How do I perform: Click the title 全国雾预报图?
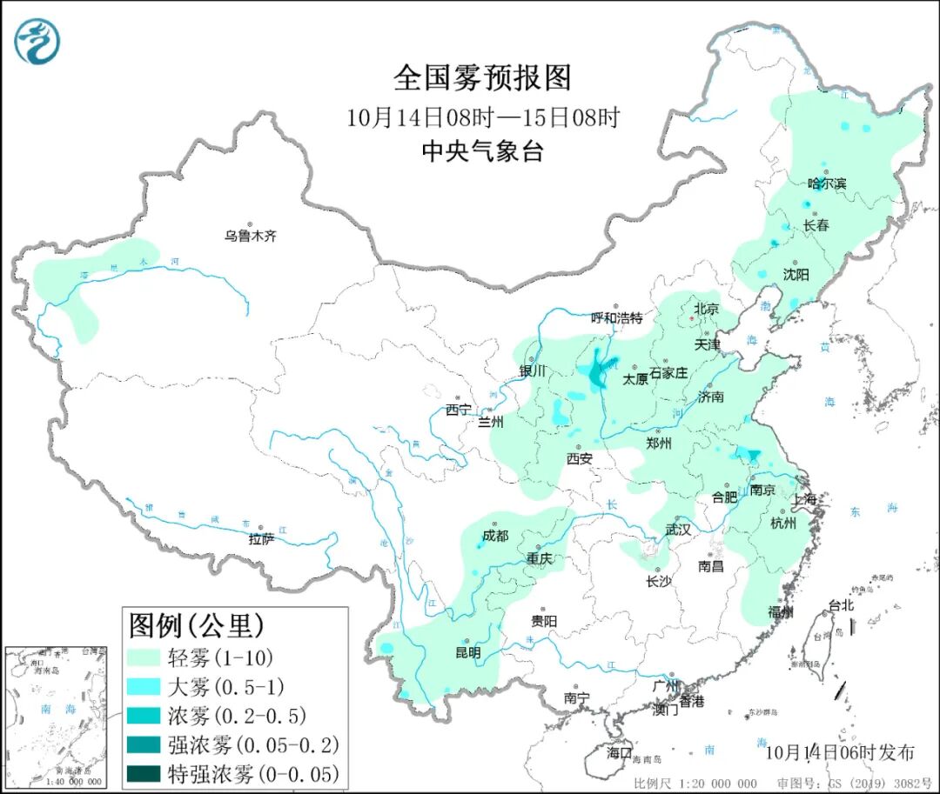pos(482,77)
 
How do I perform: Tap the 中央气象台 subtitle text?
pos(482,152)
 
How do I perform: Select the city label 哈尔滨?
pos(826,183)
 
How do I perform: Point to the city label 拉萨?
pos(261,539)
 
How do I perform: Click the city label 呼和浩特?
pos(616,318)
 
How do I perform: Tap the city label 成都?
pos(494,537)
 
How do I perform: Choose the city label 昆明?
pos(467,652)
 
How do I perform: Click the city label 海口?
pos(619,752)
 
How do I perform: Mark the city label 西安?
pos(580,458)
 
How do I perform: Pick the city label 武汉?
pos(677,529)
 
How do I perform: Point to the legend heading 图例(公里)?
pos(196,624)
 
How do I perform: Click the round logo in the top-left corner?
pos(37,42)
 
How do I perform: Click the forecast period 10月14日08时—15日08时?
pos(482,117)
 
